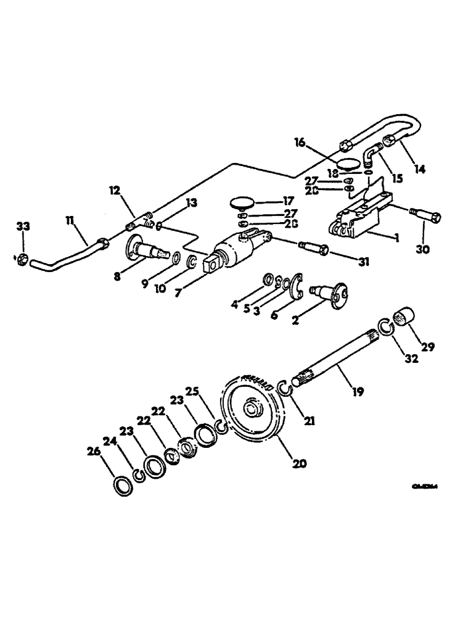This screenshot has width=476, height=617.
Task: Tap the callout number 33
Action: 23,228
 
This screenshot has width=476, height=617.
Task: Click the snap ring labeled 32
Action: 385,328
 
